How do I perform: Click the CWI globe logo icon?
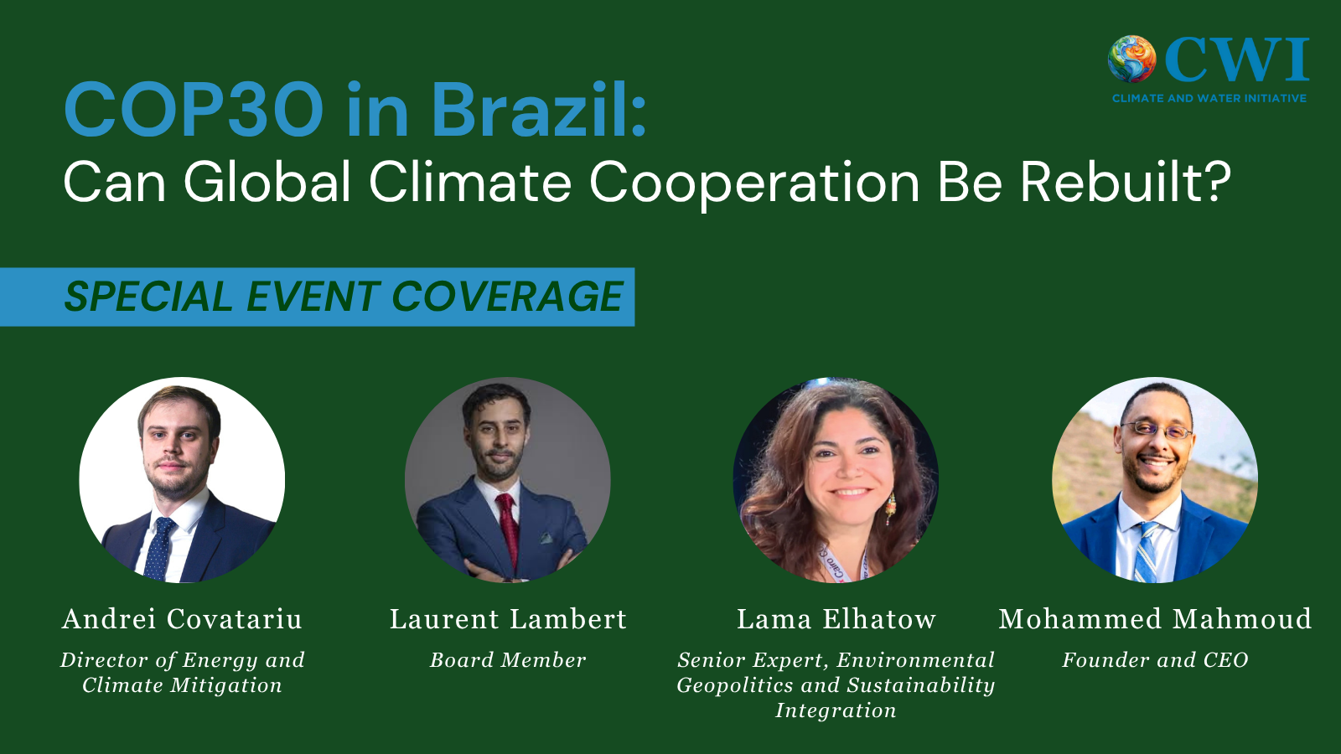(1131, 59)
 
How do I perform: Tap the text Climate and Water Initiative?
(1209, 98)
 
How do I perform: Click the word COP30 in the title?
(194, 110)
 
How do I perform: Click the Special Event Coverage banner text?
(344, 297)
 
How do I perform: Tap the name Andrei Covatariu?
(182, 619)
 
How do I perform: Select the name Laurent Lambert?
(508, 619)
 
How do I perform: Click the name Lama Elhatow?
(836, 619)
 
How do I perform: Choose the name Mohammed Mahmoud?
(1155, 619)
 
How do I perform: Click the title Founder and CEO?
(1155, 660)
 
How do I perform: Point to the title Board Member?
(508, 660)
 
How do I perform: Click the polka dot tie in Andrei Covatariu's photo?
(159, 549)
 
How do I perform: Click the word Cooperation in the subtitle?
(754, 182)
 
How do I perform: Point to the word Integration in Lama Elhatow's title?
(836, 710)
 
